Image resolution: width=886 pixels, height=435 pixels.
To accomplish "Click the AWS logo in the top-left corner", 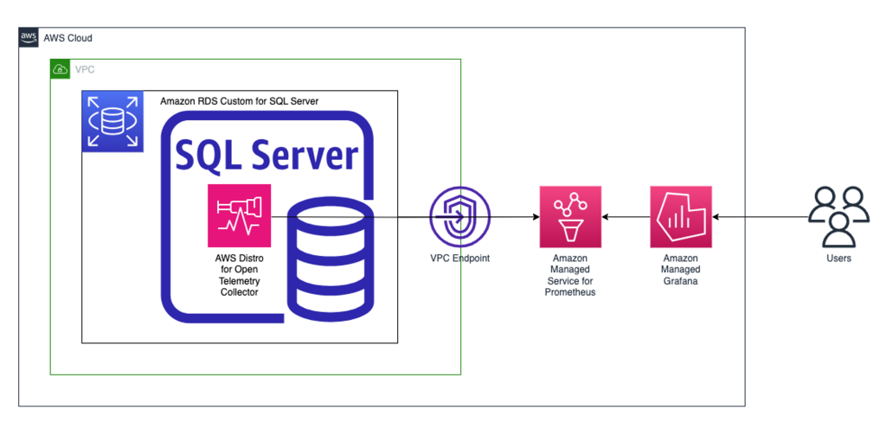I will coord(29,37).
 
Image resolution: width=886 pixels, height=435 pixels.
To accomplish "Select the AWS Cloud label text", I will coord(67,38).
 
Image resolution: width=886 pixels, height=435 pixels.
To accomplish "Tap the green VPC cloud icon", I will coord(60,69).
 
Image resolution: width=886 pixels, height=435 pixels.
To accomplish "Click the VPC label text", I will coord(85,69).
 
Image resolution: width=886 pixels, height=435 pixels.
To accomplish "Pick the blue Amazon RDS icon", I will coord(112,121).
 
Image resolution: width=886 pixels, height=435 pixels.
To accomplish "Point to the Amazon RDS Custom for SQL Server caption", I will coord(239,101).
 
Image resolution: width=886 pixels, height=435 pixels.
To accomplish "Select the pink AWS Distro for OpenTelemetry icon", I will coord(240,215).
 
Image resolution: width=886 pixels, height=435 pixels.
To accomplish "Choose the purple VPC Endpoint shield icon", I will coord(459,216).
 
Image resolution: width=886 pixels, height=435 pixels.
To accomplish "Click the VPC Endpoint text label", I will coord(459,259).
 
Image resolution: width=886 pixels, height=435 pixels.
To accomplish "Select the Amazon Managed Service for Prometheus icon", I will coord(570,216).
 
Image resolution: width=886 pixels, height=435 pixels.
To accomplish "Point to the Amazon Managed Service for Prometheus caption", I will coord(570,275).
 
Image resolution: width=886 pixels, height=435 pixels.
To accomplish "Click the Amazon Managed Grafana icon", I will coord(681,216).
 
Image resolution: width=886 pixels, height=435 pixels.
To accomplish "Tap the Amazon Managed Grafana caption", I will coord(681,270).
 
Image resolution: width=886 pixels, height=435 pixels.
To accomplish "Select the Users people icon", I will coord(838,216).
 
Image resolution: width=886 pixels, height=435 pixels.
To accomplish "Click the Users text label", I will coord(838,259).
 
